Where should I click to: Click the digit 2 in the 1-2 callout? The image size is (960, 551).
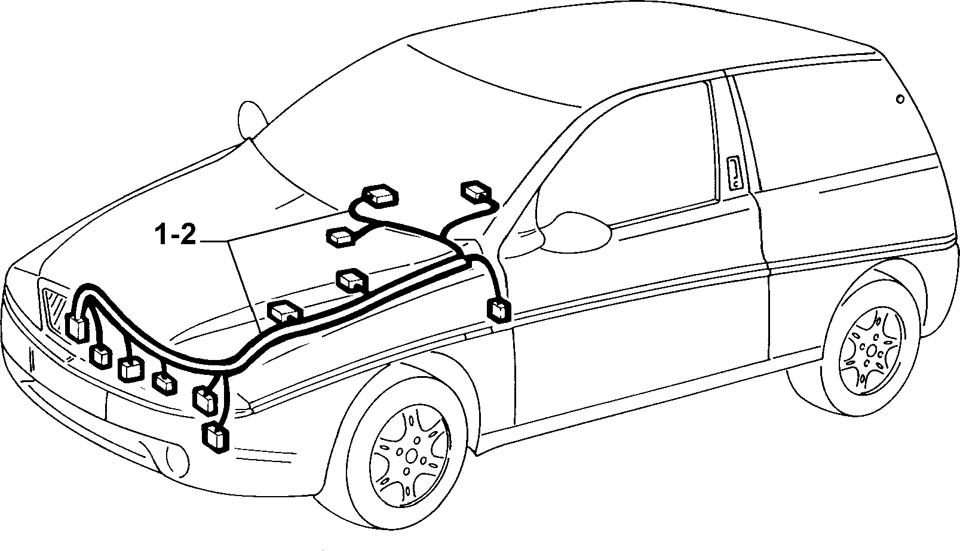point(188,235)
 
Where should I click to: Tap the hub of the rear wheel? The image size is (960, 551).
point(871,350)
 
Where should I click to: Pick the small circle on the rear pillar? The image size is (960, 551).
point(900,99)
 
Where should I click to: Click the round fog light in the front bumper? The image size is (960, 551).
point(177,463)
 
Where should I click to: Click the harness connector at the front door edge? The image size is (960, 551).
point(499,310)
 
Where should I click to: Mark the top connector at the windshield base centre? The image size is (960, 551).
point(380,196)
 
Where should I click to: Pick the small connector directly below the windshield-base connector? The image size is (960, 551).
point(341,237)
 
